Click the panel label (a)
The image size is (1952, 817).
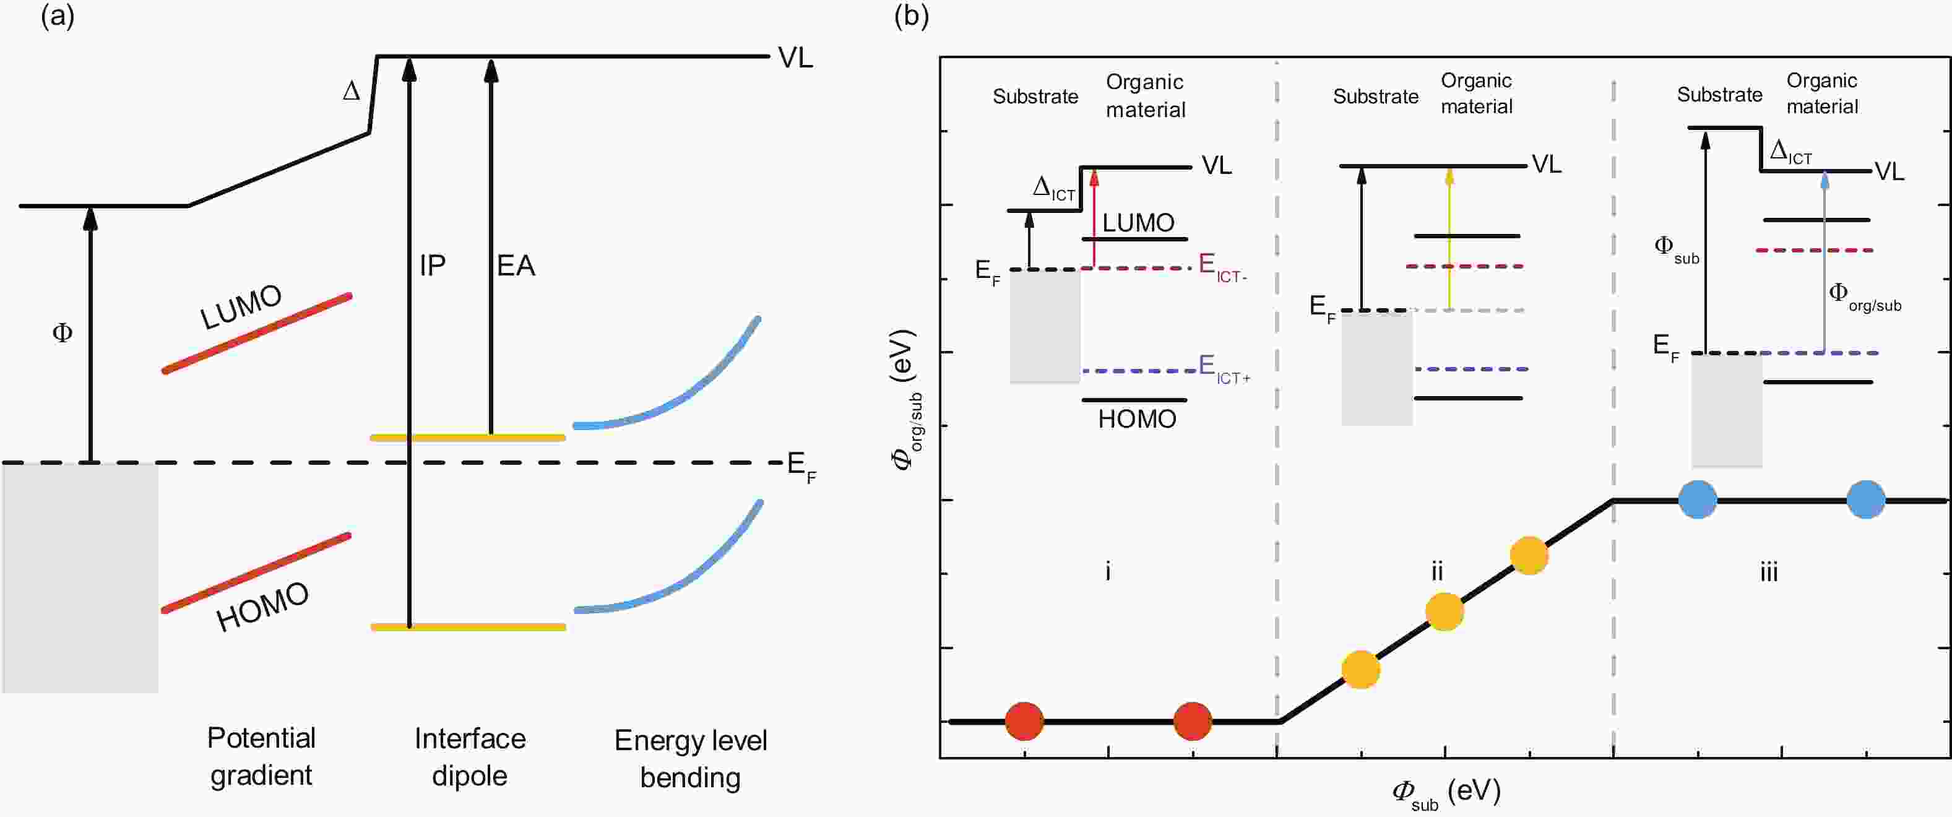[x=58, y=17]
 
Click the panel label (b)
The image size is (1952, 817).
[x=911, y=17]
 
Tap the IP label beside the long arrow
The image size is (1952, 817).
[x=433, y=266]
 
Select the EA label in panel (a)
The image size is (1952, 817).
[x=516, y=266]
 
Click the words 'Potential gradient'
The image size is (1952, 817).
[x=261, y=756]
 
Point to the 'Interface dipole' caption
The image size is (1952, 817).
[x=470, y=757]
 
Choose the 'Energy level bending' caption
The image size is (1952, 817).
[x=690, y=759]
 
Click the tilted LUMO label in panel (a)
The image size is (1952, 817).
[x=241, y=306]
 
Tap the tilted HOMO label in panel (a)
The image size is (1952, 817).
[x=262, y=607]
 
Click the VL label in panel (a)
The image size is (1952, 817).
[x=795, y=58]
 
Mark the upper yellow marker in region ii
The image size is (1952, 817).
[x=1529, y=556]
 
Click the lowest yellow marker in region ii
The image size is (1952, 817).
[x=1361, y=669]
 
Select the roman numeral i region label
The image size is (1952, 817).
[x=1108, y=571]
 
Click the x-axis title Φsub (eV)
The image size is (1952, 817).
[x=1446, y=792]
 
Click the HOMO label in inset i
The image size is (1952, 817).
[x=1137, y=419]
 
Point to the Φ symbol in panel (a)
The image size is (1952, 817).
[x=62, y=333]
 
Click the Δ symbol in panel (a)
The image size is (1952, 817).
[x=351, y=92]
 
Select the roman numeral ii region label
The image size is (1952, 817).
[x=1436, y=571]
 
